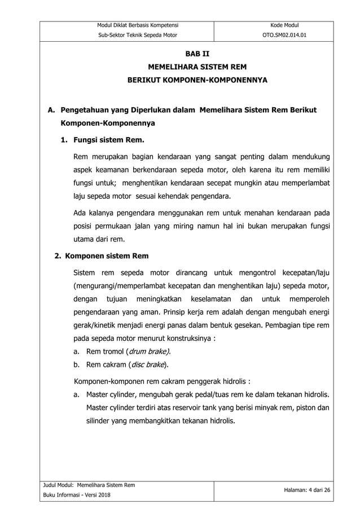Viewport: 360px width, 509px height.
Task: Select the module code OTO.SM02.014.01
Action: [274, 35]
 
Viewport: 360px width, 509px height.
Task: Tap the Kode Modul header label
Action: [274, 25]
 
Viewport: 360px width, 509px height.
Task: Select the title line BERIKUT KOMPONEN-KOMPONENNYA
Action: [197, 81]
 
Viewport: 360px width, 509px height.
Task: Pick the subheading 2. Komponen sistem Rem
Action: [101, 256]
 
